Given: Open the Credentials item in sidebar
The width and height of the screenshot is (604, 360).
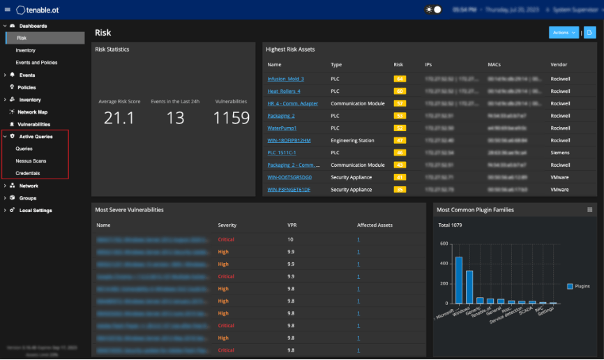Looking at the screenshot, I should click(x=28, y=173).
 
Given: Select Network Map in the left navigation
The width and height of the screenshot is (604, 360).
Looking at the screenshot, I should click(x=32, y=112).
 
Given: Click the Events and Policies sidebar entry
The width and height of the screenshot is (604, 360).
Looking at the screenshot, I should click(x=36, y=62).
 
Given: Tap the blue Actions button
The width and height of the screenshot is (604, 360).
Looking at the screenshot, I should click(x=564, y=33).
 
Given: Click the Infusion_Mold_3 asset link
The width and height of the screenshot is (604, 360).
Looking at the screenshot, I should click(x=285, y=79).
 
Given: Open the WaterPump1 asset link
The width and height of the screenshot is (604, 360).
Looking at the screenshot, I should click(x=282, y=128).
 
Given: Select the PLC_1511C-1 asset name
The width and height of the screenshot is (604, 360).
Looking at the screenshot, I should click(x=282, y=153).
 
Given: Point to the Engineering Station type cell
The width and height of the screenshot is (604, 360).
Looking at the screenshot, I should click(x=353, y=140).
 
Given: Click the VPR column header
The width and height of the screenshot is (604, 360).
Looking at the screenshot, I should click(x=292, y=225).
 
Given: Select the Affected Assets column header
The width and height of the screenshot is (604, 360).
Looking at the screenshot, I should click(x=375, y=225).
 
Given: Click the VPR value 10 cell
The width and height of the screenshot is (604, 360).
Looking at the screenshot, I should click(x=290, y=239).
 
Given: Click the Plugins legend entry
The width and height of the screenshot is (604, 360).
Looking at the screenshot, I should click(x=579, y=286).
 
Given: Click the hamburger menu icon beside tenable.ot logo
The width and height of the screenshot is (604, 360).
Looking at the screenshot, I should click(x=7, y=10).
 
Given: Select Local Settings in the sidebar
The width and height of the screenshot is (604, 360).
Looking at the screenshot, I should click(x=35, y=210).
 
